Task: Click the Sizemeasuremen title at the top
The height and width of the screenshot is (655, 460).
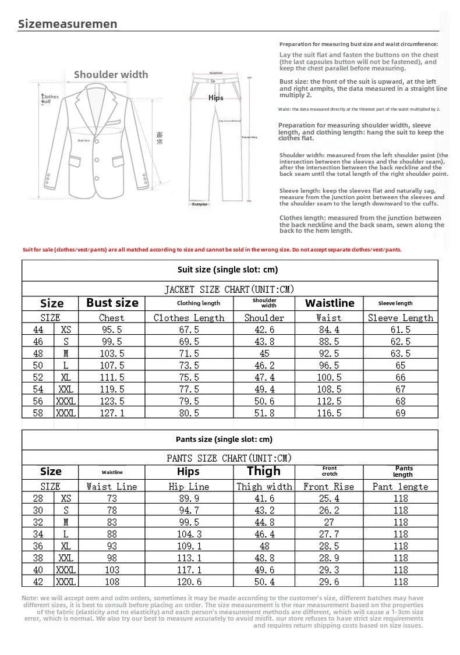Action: [x=68, y=24]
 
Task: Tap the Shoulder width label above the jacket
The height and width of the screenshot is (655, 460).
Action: [x=111, y=75]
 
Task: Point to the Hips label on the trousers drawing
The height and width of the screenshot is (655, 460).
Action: [x=215, y=98]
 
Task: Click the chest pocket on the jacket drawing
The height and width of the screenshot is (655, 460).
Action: [x=116, y=122]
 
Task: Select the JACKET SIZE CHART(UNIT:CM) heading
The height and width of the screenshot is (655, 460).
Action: [x=229, y=289]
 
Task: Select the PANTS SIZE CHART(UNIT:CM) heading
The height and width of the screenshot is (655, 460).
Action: [x=229, y=458]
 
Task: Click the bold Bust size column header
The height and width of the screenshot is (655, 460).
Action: [x=112, y=303]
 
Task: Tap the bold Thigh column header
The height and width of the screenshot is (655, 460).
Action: [x=263, y=471]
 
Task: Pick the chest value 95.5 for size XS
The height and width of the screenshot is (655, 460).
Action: [x=112, y=330]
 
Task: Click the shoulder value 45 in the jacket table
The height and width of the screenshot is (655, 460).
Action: [x=264, y=353]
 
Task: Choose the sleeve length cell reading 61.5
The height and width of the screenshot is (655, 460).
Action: [x=400, y=330]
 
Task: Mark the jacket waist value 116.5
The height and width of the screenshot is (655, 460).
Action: [x=328, y=413]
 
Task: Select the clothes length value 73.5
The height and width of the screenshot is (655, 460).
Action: [x=189, y=366]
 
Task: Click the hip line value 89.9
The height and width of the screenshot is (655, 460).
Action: [x=189, y=498]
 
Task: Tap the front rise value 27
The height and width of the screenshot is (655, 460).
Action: [x=328, y=522]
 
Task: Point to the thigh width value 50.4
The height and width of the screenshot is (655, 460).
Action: [x=264, y=582]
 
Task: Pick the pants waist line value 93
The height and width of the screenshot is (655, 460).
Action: [x=112, y=546]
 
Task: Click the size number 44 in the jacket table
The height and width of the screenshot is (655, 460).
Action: [x=38, y=330]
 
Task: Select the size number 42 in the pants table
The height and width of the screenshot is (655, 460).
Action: [x=38, y=582]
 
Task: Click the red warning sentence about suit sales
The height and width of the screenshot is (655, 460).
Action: [x=212, y=250]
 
